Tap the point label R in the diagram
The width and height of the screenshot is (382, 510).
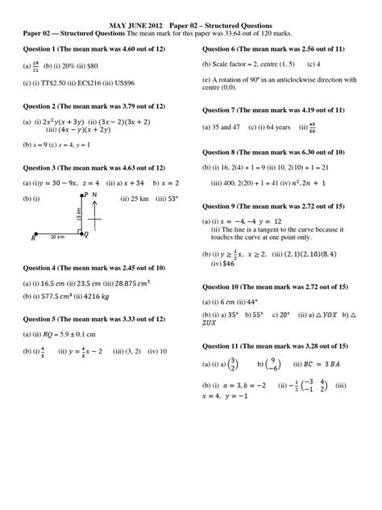34,238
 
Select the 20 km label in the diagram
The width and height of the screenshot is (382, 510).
56,237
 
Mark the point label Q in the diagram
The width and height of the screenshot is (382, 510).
86,236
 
